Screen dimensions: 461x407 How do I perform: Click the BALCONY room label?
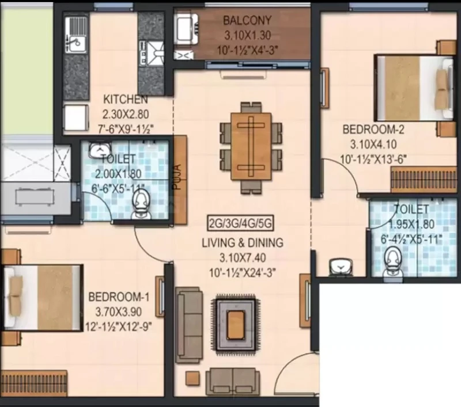pos(247,21)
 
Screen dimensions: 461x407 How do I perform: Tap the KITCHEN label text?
pos(126,99)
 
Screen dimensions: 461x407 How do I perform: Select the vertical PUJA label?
pos(177,177)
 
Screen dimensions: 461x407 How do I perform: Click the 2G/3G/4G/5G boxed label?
pos(240,224)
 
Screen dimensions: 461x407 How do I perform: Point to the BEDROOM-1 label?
pos(119,296)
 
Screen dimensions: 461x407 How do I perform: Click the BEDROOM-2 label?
pos(373,129)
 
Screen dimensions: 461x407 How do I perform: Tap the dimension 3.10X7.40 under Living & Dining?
pos(243,258)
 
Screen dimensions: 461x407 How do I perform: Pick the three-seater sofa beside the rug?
pos(189,325)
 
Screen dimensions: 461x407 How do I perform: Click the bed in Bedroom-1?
pos(41,298)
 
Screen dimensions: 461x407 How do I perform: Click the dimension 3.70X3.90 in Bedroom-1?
pos(119,311)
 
